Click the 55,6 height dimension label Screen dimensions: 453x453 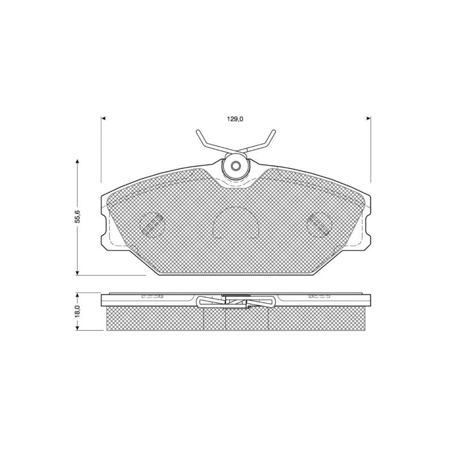tap(78, 216)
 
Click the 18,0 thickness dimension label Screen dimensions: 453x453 tap(78, 312)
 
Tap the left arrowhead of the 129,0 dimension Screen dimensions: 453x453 tap(103, 118)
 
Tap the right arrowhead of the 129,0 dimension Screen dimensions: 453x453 tap(369, 118)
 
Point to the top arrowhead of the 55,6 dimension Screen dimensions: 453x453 tap(77, 161)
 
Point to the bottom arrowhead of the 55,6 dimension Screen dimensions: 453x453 tap(77, 273)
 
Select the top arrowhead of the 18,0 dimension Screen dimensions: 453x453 tap(77, 295)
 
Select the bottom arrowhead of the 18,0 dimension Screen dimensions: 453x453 tap(77, 328)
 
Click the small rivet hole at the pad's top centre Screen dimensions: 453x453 tap(236, 166)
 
